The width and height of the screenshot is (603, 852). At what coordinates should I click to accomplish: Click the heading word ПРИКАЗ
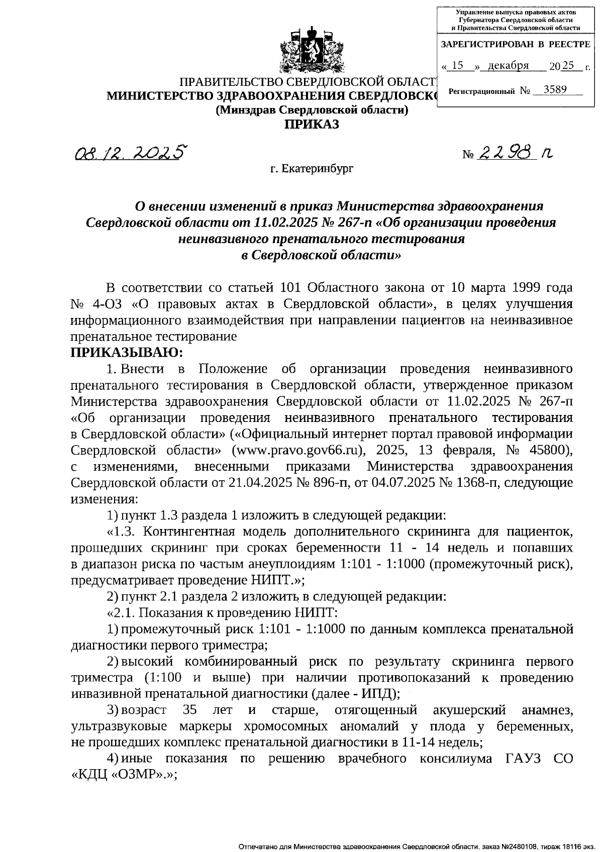(312, 124)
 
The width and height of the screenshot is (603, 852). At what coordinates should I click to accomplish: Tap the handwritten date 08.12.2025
(130, 152)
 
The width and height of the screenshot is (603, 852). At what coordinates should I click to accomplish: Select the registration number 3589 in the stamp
(555, 90)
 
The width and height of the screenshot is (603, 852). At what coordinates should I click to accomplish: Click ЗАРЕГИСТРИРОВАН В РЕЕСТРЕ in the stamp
(515, 44)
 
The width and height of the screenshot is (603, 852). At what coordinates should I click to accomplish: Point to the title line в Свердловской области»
(321, 255)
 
